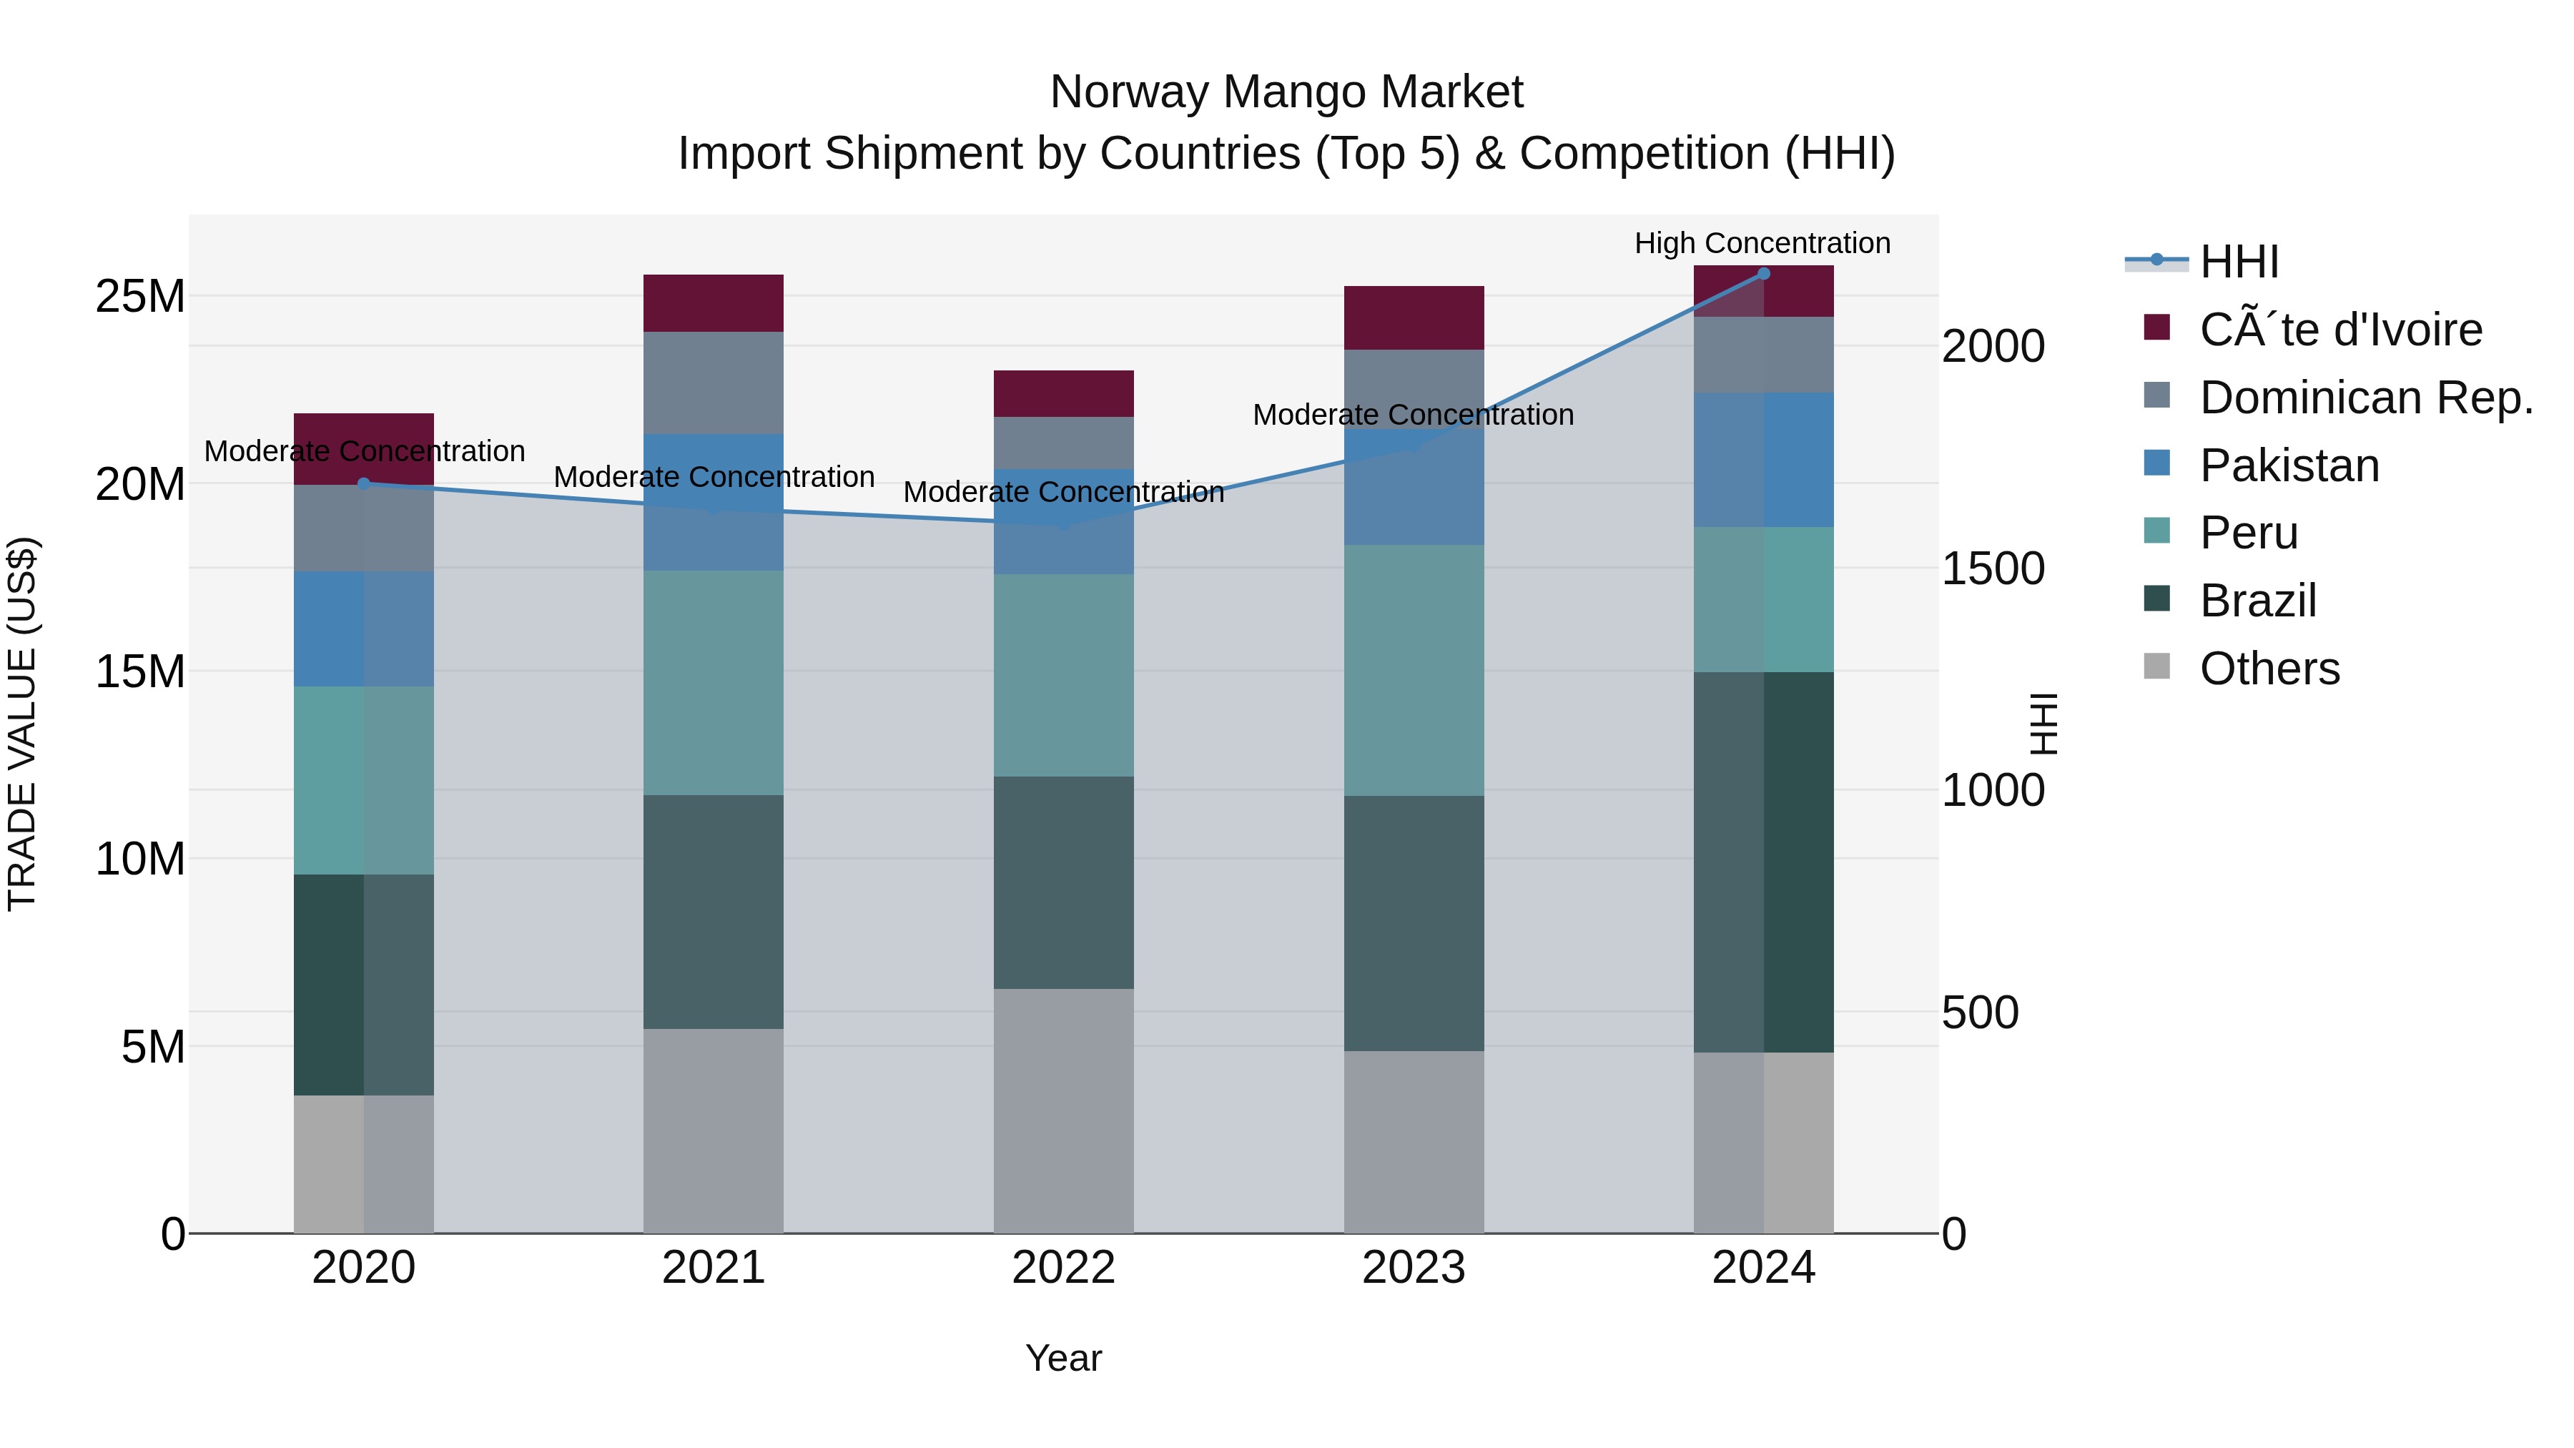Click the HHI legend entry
point(2238,262)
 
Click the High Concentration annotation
point(1762,243)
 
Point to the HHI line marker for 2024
point(1764,274)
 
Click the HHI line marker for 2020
point(364,483)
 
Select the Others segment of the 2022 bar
point(1063,1109)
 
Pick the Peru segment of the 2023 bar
point(1413,669)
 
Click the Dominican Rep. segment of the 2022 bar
point(1063,443)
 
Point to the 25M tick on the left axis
point(140,297)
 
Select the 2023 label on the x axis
point(1413,1268)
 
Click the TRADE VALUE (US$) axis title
point(22,724)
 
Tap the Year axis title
point(1063,1358)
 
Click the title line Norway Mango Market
point(1286,92)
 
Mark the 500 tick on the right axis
point(1979,1013)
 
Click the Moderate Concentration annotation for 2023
point(1413,415)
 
